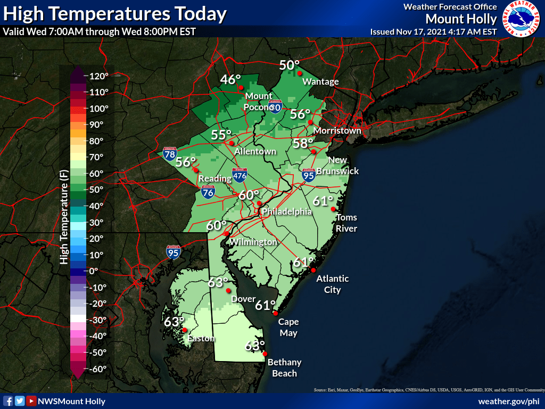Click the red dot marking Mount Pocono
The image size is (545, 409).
[241, 87]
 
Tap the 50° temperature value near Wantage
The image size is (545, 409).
[290, 66]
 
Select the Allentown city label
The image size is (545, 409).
[255, 151]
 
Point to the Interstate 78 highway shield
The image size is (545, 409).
[170, 155]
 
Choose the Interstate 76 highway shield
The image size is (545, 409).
[208, 193]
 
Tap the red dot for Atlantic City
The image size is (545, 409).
[313, 271]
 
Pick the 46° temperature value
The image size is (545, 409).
[230, 80]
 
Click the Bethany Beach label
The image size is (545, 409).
[284, 368]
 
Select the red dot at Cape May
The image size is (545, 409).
[276, 314]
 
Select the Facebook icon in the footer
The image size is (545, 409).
[8, 401]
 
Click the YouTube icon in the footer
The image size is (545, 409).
[31, 401]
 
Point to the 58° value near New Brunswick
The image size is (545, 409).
[303, 143]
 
